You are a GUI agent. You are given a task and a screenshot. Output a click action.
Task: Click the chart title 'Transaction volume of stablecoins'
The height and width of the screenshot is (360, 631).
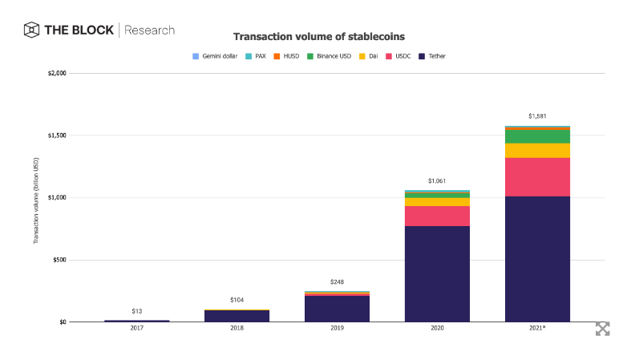pos(318,37)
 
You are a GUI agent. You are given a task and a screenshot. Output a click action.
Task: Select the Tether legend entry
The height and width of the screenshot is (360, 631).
pos(433,57)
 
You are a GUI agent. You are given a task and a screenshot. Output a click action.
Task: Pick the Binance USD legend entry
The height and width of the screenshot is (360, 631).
pos(330,57)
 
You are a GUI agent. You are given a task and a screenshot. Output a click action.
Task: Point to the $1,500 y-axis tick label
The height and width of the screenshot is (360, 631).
pos(55,136)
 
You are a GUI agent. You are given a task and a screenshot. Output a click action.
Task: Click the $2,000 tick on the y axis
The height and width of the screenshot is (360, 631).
pos(55,73)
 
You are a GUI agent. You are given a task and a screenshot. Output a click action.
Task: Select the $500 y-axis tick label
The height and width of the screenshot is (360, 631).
pos(58,260)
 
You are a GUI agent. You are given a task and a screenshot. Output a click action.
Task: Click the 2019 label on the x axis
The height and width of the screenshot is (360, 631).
pos(337,329)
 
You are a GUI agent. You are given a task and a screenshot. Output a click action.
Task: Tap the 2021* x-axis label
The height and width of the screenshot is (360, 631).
pos(537,329)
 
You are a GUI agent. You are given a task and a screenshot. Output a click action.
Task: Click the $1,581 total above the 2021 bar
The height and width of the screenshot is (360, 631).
pos(537,117)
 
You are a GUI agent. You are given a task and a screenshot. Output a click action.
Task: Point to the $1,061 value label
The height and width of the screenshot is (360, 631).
pos(437,181)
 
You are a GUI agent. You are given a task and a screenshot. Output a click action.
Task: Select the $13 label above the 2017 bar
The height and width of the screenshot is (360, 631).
pos(136,311)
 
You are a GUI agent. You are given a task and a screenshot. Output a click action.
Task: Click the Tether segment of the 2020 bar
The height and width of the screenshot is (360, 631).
pos(437,273)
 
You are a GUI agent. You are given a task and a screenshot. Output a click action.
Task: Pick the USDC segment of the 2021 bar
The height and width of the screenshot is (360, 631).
pos(537,176)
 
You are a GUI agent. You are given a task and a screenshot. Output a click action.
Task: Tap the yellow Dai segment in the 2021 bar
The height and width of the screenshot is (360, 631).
pos(537,151)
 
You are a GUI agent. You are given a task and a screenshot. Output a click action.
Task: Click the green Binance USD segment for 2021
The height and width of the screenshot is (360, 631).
pos(537,136)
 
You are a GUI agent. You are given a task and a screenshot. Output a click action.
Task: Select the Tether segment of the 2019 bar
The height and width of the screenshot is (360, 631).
pos(337,309)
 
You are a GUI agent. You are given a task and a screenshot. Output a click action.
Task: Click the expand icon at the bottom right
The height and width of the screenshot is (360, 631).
pos(602,329)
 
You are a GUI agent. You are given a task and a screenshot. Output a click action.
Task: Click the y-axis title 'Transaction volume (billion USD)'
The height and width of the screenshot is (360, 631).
pos(36,197)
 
